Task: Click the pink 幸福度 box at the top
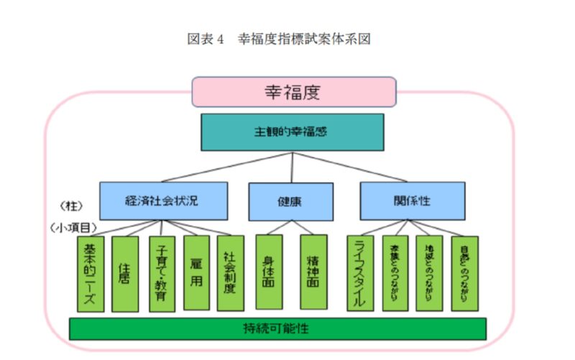[293, 92]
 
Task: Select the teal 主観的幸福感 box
[292, 133]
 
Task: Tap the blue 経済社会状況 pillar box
[163, 200]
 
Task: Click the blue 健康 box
[290, 201]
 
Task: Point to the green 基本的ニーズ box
[91, 274]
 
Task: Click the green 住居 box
[125, 274]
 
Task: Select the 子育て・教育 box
[161, 274]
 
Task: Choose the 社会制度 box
[230, 274]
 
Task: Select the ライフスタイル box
[360, 274]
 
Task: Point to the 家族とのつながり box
[395, 274]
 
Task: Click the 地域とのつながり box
[429, 274]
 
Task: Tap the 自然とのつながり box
[464, 274]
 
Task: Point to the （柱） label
[73, 204]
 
